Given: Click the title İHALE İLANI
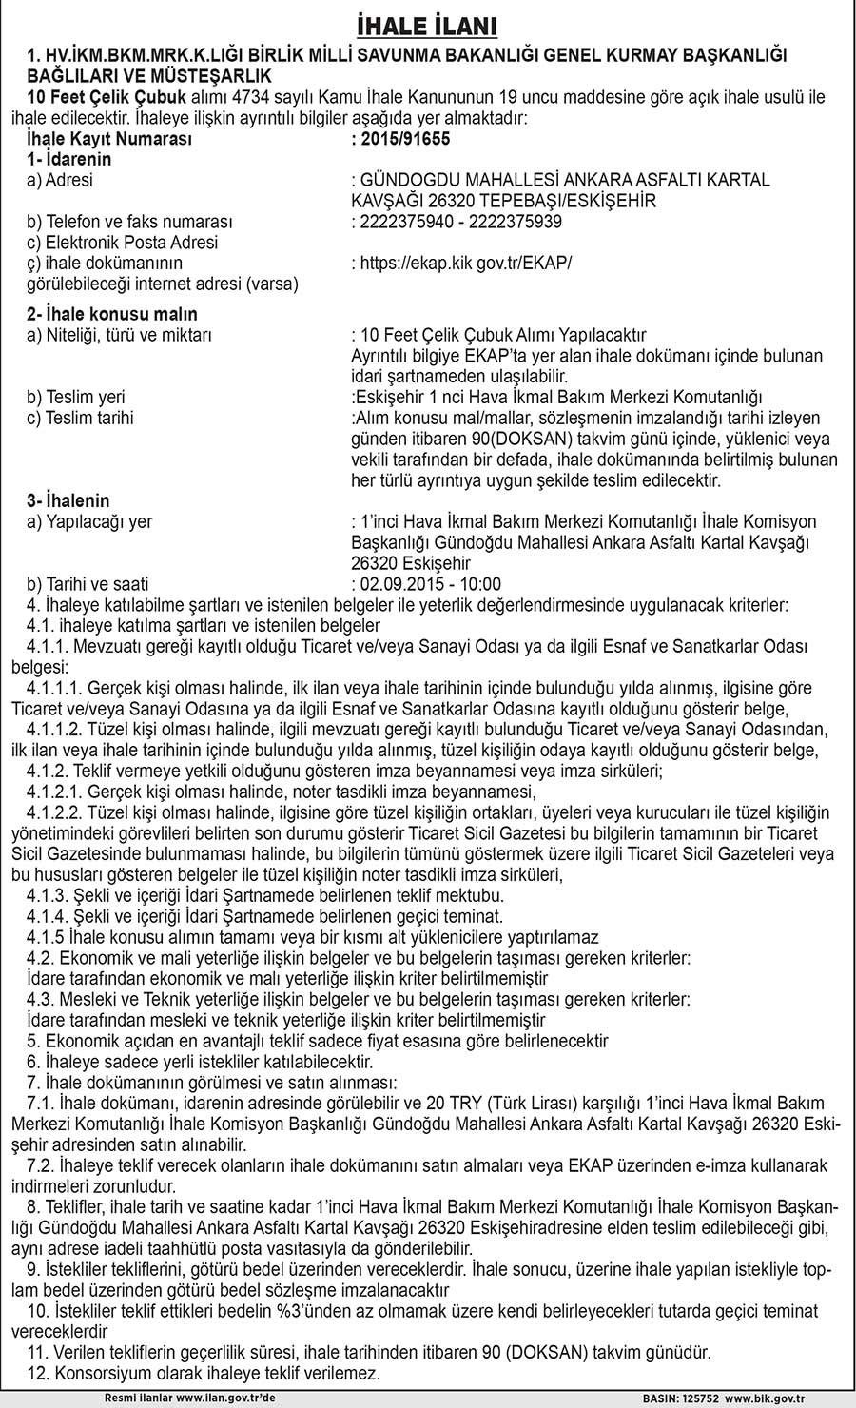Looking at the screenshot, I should (428, 24).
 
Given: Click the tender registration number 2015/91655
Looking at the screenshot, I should (400, 139).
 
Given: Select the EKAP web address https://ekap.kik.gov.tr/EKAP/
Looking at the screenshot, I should (462, 263).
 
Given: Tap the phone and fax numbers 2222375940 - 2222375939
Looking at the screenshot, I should (457, 222).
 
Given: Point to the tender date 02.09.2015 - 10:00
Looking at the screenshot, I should (426, 584).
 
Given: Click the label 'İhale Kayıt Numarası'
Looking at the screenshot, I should (109, 139).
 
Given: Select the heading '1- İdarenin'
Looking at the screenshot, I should (69, 160).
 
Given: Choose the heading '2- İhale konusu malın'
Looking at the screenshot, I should (112, 314).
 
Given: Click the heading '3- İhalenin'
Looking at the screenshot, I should (68, 500).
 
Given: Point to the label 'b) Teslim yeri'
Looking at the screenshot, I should (76, 397).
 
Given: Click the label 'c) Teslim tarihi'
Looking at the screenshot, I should (81, 418).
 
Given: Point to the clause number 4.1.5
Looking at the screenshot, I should (47, 937).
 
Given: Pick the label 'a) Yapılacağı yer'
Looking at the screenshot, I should (89, 521).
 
